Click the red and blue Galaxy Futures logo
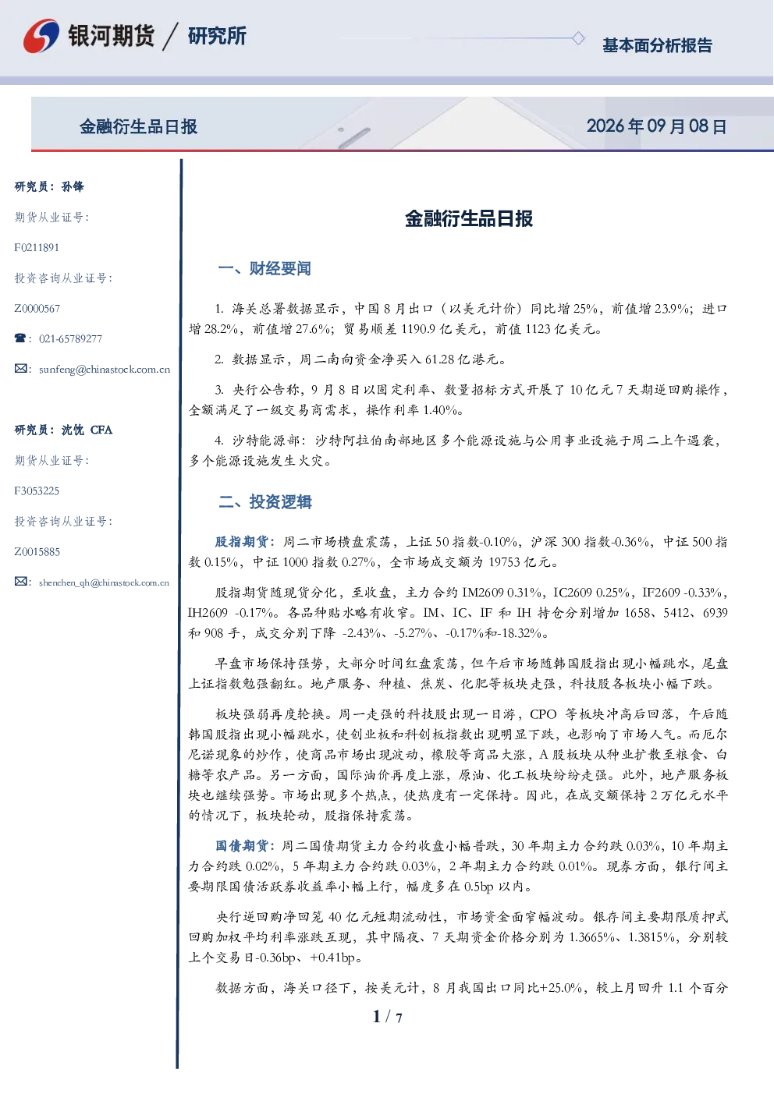coord(41,36)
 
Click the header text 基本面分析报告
coord(657,45)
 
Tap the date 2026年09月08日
coord(656,126)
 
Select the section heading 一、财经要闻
coord(265,268)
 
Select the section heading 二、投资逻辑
coord(265,501)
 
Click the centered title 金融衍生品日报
coord(469,218)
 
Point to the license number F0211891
coord(37,248)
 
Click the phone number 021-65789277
coord(70,338)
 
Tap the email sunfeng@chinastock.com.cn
coord(105,370)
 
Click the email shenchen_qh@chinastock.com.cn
coord(104,582)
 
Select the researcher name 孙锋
coord(73,186)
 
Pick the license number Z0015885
coord(37,552)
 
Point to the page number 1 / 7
coord(387,1016)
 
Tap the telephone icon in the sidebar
coord(20,338)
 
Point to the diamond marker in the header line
coord(578,38)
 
